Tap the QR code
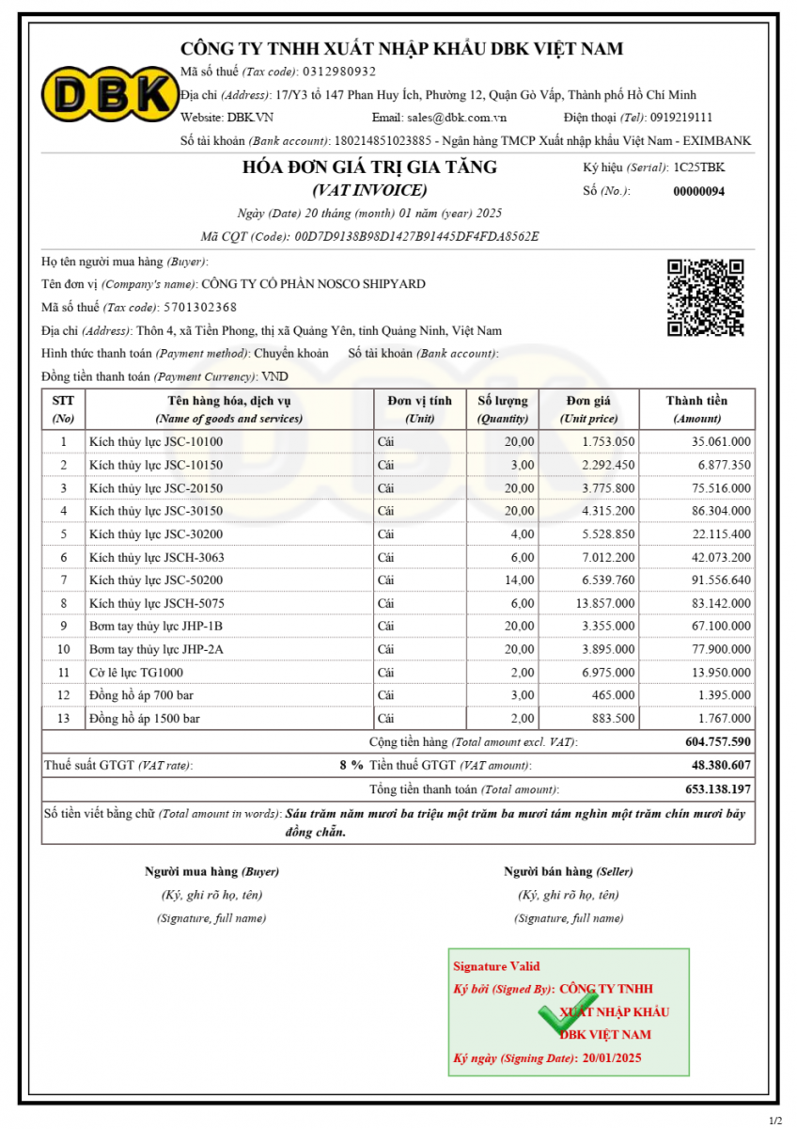pyautogui.click(x=705, y=297)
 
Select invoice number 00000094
pyautogui.click(x=698, y=191)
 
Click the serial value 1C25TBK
pyautogui.click(x=698, y=167)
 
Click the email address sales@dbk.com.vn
pyautogui.click(x=457, y=118)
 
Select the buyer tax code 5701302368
pyautogui.click(x=199, y=308)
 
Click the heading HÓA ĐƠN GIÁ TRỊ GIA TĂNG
pyautogui.click(x=369, y=167)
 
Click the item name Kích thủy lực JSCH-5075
pyautogui.click(x=156, y=603)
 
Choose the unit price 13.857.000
pyautogui.click(x=608, y=603)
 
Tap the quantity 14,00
pyautogui.click(x=518, y=580)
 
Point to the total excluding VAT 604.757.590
pyautogui.click(x=717, y=742)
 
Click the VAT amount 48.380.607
pyautogui.click(x=721, y=766)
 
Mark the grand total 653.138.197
pyautogui.click(x=717, y=789)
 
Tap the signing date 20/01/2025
pyautogui.click(x=612, y=1058)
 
